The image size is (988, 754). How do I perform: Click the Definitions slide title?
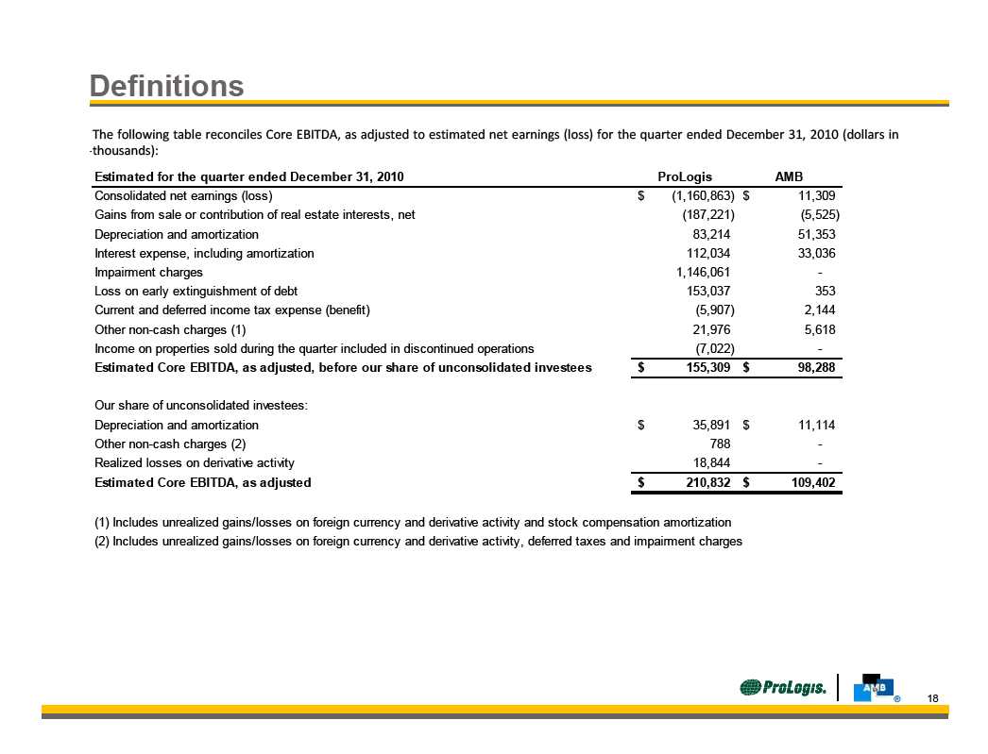[167, 87]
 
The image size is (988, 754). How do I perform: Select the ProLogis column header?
[684, 177]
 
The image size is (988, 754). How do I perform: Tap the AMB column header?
[789, 177]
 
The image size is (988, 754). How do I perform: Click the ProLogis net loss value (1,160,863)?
[696, 196]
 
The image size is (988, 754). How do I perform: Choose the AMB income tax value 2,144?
[816, 310]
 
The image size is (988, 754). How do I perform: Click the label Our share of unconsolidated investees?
[202, 406]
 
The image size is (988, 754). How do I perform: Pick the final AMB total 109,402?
[809, 482]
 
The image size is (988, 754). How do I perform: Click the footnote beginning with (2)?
[418, 541]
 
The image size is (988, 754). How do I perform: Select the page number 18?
[933, 698]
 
